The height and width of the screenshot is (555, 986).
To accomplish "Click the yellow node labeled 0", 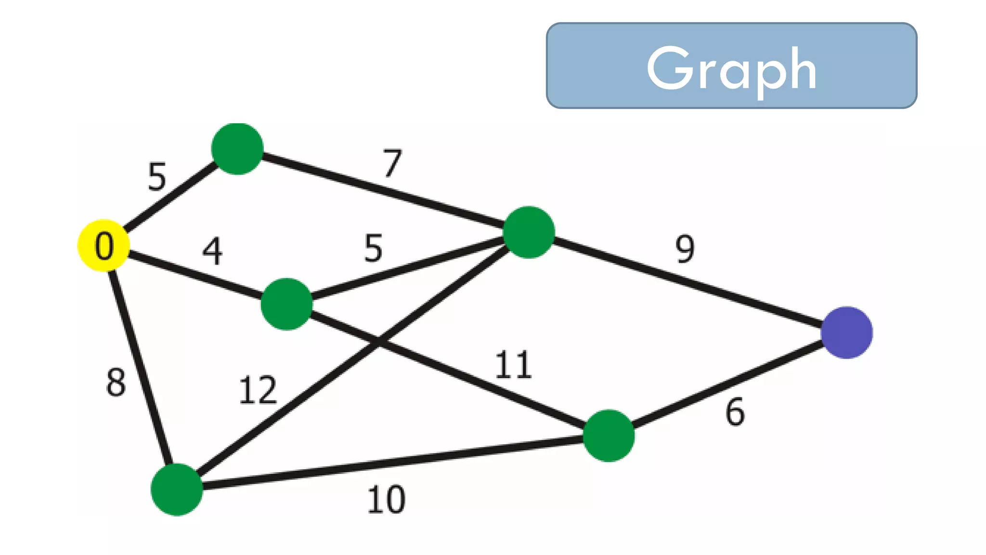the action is point(104,246).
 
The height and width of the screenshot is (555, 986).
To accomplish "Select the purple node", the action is point(846,332).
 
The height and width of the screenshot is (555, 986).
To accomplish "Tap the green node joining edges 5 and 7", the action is point(237,149).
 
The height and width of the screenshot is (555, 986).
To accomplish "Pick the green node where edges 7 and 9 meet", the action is point(529,232).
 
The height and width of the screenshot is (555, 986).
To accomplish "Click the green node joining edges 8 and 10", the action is point(177,489).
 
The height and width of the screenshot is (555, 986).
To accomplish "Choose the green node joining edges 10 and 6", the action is point(609,436).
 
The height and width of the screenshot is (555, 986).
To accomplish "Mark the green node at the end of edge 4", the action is point(286,304).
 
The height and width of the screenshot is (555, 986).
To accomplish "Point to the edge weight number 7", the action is point(392,163).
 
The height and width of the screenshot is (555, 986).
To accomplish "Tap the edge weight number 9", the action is point(685,249).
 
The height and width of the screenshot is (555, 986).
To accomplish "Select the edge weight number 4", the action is point(212,251).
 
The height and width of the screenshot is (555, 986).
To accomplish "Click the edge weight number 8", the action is point(116,383).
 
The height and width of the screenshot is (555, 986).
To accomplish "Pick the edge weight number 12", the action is point(258,390).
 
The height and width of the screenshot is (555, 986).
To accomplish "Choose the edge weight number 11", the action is point(513,365).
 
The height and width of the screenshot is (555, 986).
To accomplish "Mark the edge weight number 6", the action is point(735,412).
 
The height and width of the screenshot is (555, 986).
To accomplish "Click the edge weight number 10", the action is point(386,500).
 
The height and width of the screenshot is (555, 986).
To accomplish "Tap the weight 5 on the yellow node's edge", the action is point(157,177).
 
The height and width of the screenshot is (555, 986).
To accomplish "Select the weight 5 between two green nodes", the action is point(374,249).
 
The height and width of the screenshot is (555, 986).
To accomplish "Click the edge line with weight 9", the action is point(688,283).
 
